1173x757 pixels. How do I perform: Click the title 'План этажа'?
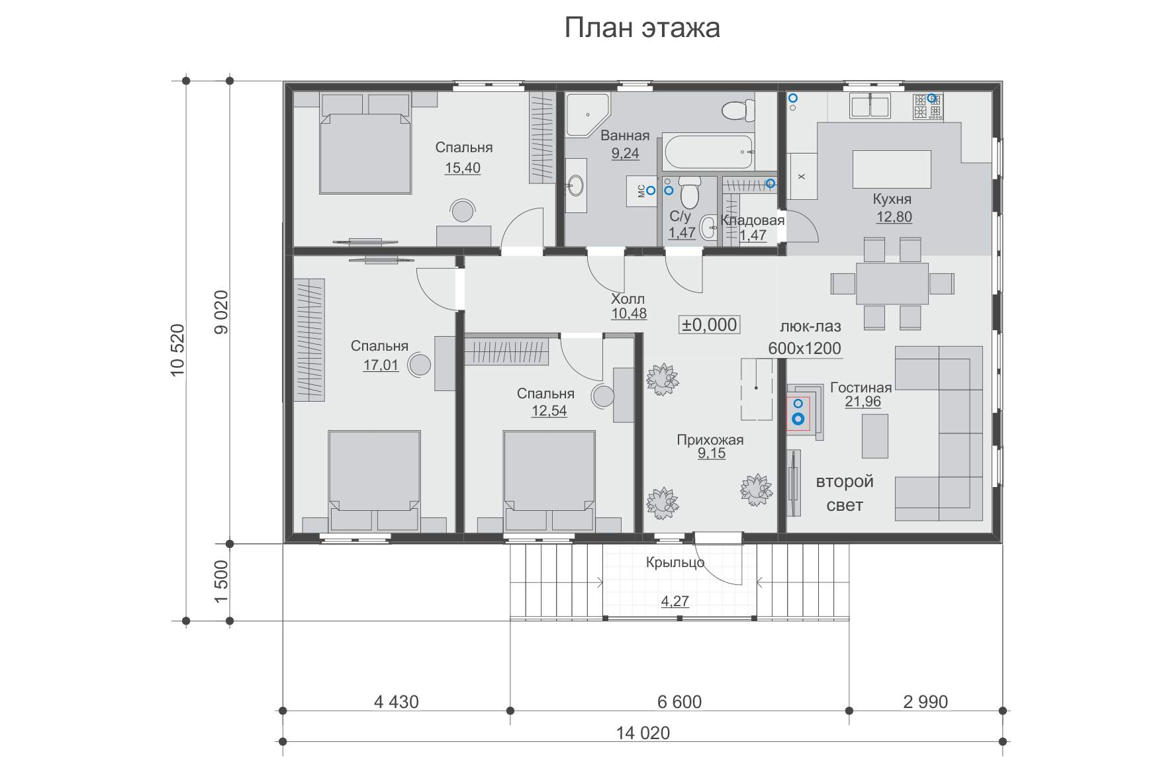click(x=642, y=28)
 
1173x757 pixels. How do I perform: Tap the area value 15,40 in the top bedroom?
click(x=463, y=168)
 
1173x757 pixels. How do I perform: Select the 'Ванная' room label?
click(x=625, y=136)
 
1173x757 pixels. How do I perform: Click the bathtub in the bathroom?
click(x=708, y=152)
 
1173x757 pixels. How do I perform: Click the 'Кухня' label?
click(x=892, y=199)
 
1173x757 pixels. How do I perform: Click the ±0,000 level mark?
click(x=709, y=324)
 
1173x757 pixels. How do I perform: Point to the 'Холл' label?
click(x=629, y=299)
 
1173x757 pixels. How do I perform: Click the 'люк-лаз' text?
click(x=811, y=326)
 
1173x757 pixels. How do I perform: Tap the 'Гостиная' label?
click(x=861, y=388)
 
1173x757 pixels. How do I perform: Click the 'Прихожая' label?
click(x=710, y=440)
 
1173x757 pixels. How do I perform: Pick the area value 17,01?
click(x=381, y=365)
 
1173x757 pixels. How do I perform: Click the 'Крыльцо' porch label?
click(x=675, y=563)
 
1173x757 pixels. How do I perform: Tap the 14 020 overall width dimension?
click(x=643, y=733)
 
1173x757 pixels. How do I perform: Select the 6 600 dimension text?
click(x=679, y=701)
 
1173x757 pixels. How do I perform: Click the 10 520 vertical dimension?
click(x=179, y=351)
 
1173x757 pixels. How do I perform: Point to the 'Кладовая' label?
click(x=753, y=220)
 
